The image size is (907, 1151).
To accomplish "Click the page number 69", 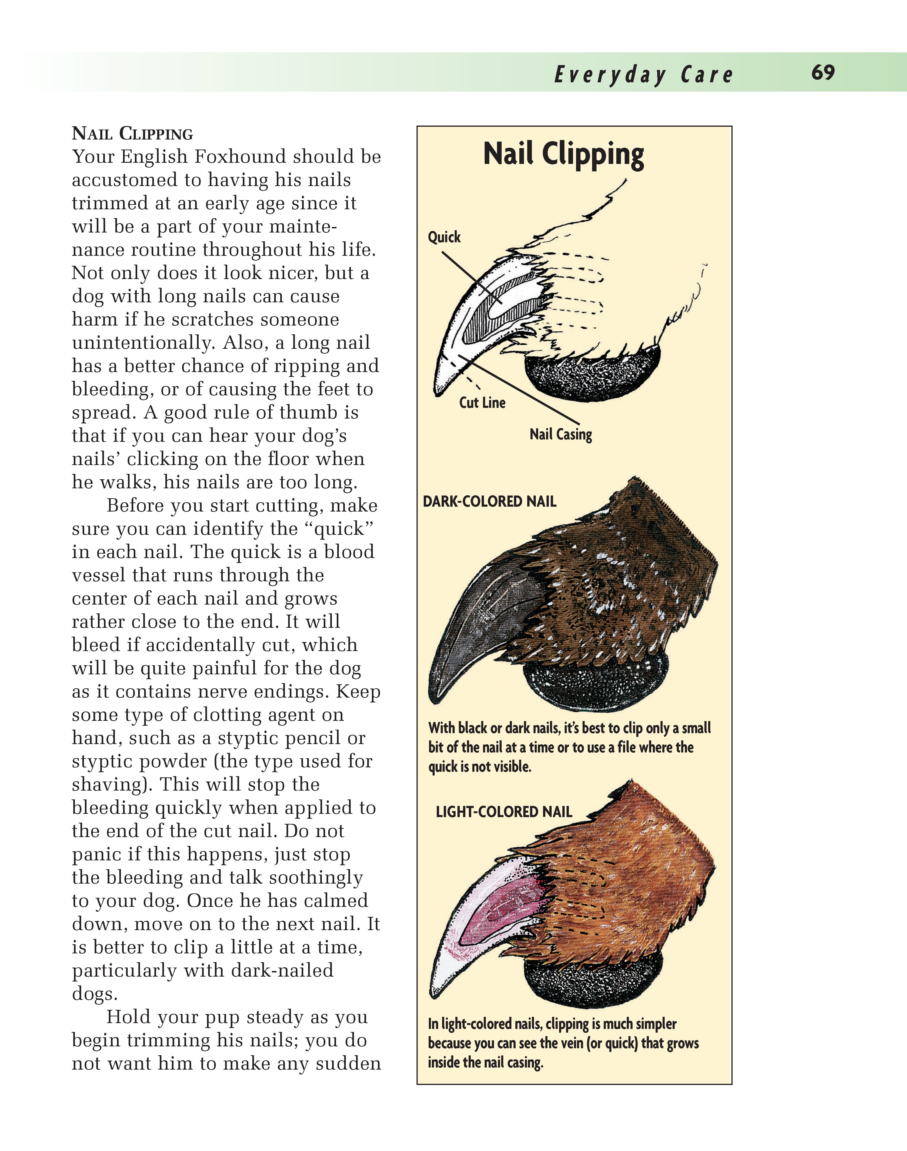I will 823,73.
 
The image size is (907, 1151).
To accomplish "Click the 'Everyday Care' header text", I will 643,75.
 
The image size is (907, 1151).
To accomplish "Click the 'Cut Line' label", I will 482,403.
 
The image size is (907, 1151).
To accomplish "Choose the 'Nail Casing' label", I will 560,435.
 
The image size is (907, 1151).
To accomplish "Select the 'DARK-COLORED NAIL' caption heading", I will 489,502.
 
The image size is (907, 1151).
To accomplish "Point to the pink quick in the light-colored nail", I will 504,908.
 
